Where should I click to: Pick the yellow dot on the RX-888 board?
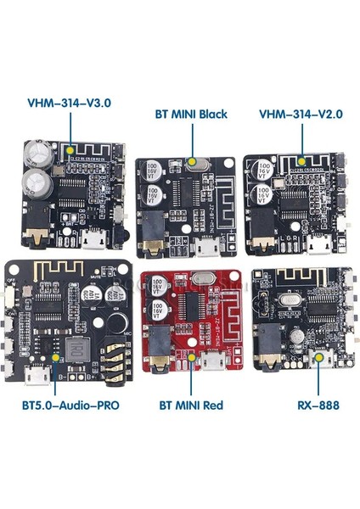319,357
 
